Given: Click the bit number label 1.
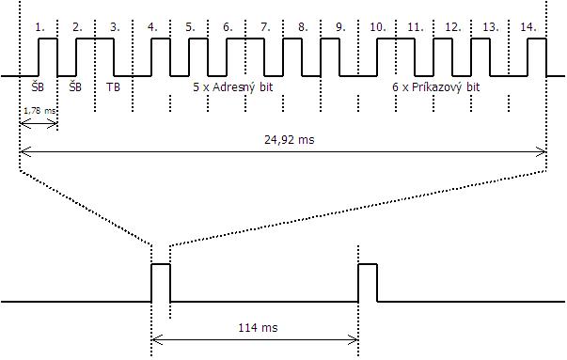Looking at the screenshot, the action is click(x=39, y=27).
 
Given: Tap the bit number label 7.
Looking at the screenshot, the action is click(x=265, y=27).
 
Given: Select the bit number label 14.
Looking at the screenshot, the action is click(x=528, y=27).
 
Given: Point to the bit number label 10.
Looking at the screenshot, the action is click(x=378, y=27).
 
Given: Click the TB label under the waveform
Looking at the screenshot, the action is click(x=113, y=87).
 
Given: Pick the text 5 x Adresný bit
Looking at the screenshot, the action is click(x=233, y=87).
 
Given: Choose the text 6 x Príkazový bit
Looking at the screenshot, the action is click(x=436, y=87).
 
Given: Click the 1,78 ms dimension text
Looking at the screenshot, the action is click(x=39, y=111).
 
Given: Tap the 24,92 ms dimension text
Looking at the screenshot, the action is click(x=290, y=139).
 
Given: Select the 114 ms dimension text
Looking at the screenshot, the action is click(x=258, y=328).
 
